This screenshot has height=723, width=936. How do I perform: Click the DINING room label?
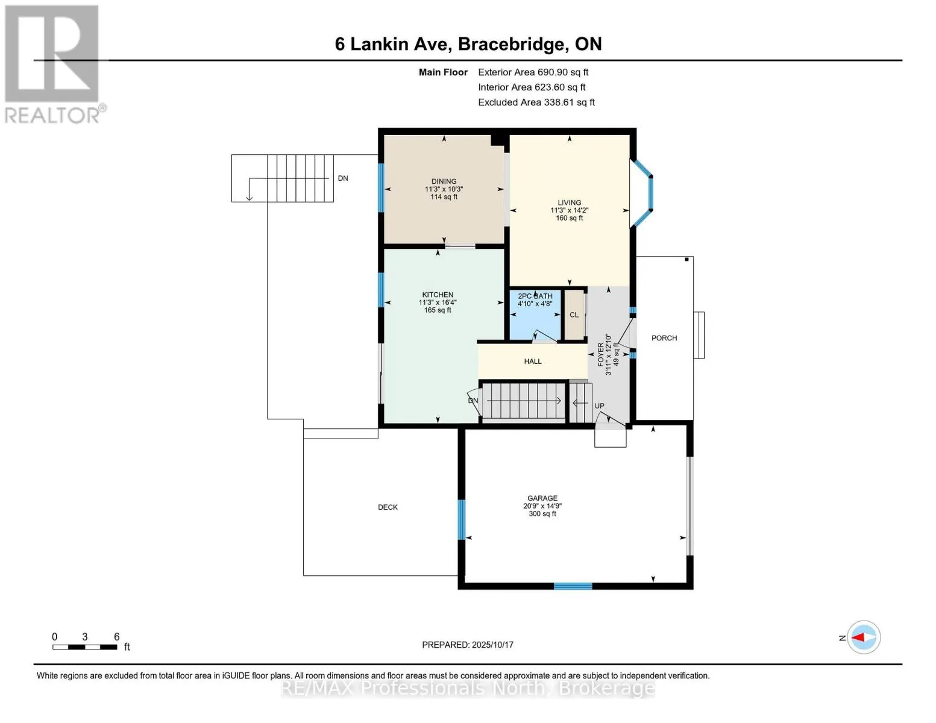click(x=444, y=181)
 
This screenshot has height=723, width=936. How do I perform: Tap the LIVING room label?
click(x=569, y=202)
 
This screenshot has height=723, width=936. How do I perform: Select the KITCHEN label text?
click(x=438, y=295)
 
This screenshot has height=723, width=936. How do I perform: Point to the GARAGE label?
click(x=542, y=498)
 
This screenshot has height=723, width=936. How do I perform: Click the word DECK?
click(x=388, y=507)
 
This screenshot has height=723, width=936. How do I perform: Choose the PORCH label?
click(x=664, y=338)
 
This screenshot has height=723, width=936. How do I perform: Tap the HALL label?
click(x=533, y=361)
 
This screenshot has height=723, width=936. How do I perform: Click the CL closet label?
click(x=574, y=315)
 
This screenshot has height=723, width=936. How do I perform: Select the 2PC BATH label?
click(x=535, y=296)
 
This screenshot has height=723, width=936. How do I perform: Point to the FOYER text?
click(x=601, y=354)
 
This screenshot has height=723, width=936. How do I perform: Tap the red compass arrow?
click(x=858, y=637)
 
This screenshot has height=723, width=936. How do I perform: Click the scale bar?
click(x=85, y=646)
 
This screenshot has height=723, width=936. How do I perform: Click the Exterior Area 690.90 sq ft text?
click(x=533, y=72)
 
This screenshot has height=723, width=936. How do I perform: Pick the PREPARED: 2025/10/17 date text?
click(x=467, y=645)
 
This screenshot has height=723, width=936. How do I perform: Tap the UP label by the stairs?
click(x=599, y=405)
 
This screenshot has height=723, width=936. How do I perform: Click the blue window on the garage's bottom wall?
click(x=573, y=586)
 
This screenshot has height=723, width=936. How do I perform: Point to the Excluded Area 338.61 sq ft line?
click(x=536, y=102)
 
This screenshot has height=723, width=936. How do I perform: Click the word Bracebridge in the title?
click(x=511, y=44)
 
